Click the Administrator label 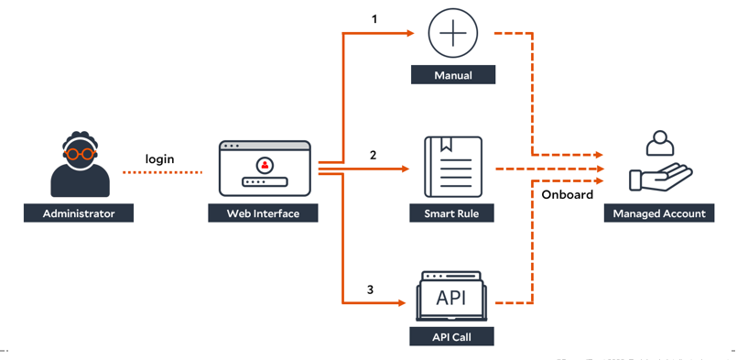pos(79,213)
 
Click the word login pos(160,158)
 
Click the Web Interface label pos(264,213)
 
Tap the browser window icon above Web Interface pos(266,169)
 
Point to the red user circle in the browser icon pos(266,165)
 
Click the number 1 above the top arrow pos(374,18)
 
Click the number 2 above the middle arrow pos(374,155)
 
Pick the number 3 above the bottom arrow pos(370,289)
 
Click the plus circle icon pos(453,33)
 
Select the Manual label pos(453,75)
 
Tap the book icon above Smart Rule pos(452,167)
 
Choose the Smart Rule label pos(452,213)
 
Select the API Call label pos(452,337)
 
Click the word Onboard pos(567,194)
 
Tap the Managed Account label pos(658,213)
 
